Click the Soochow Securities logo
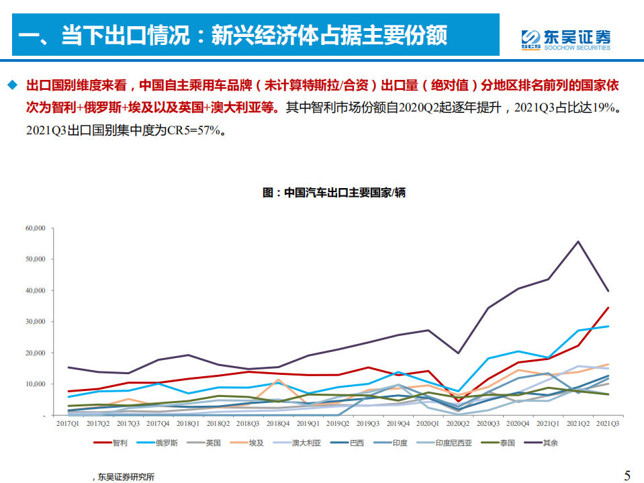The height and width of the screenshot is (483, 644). pyautogui.click(x=566, y=39)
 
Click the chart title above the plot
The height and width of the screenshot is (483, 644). pyautogui.click(x=334, y=192)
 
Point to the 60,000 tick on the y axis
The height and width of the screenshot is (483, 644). pyautogui.click(x=33, y=228)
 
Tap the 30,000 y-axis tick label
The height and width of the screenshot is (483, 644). pyautogui.click(x=33, y=322)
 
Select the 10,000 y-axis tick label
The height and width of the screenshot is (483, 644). pyautogui.click(x=33, y=384)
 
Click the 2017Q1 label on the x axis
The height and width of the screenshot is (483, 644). pyautogui.click(x=67, y=424)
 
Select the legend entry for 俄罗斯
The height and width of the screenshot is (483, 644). pyautogui.click(x=162, y=443)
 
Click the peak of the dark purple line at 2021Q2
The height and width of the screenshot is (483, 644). pyautogui.click(x=578, y=242)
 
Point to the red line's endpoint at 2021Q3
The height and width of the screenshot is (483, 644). pyautogui.click(x=608, y=308)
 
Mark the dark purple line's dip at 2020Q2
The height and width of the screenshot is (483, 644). pyautogui.click(x=458, y=353)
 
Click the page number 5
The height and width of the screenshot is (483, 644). pyautogui.click(x=627, y=476)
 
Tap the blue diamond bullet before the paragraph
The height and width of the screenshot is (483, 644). pyautogui.click(x=11, y=85)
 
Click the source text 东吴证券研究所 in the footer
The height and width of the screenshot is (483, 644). pyautogui.click(x=126, y=477)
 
